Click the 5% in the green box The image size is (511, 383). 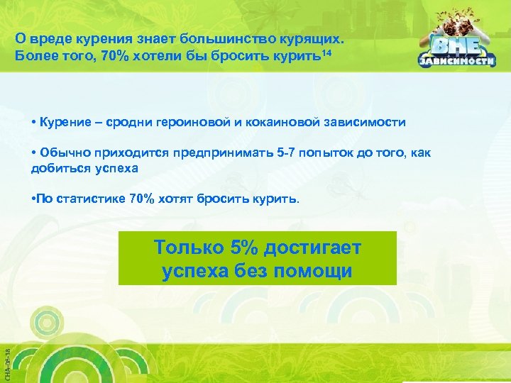[246, 248]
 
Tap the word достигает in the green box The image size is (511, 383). [314, 248]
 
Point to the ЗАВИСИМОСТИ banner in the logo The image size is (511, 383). [456, 62]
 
